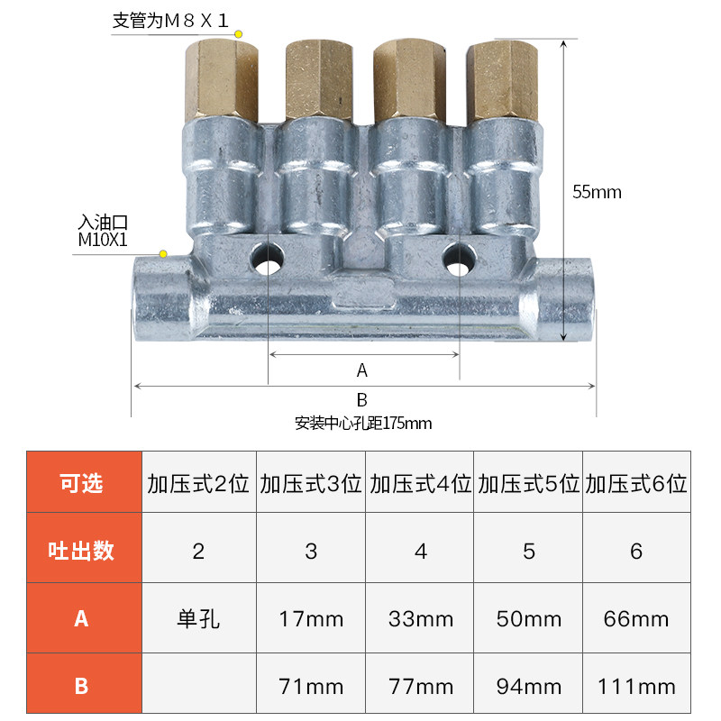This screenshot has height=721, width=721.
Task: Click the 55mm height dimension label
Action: click(x=597, y=192)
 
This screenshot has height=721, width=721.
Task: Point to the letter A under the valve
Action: click(x=362, y=370)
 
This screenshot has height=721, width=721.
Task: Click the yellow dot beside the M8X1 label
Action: click(x=239, y=34)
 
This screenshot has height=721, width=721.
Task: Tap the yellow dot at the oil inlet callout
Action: click(x=163, y=254)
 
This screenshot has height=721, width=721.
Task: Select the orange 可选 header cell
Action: click(x=82, y=483)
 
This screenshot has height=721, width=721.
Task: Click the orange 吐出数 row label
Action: click(x=82, y=551)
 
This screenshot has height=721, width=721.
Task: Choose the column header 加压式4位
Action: click(x=420, y=483)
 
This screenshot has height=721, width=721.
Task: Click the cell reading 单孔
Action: click(x=198, y=619)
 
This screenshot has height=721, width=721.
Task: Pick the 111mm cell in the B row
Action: click(x=635, y=687)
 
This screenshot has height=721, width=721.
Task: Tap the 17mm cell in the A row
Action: click(x=311, y=619)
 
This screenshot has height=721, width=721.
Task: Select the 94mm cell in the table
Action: click(x=528, y=687)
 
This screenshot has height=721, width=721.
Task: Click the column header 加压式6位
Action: click(x=635, y=483)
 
